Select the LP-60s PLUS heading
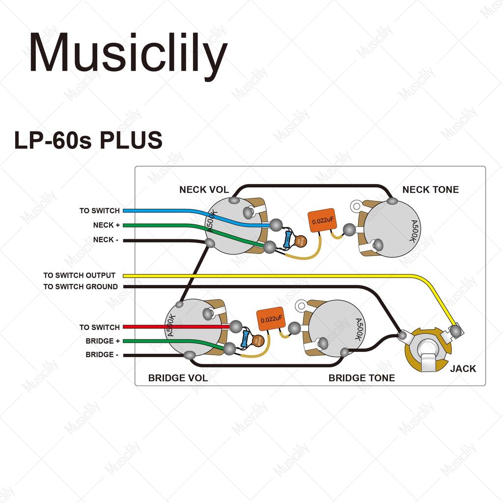pos(88,140)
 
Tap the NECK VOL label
pos(204,190)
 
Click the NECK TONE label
pos(430,190)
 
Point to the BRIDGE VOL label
pos(178,378)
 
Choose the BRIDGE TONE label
pos(362,378)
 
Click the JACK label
pos(463,368)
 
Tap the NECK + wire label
pos(106,225)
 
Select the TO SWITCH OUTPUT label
pos(79,276)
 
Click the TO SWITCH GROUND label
pos(80,286)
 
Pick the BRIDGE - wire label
pos(102,355)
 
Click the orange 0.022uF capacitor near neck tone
pos(322,221)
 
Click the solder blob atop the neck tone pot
pos(392,200)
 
